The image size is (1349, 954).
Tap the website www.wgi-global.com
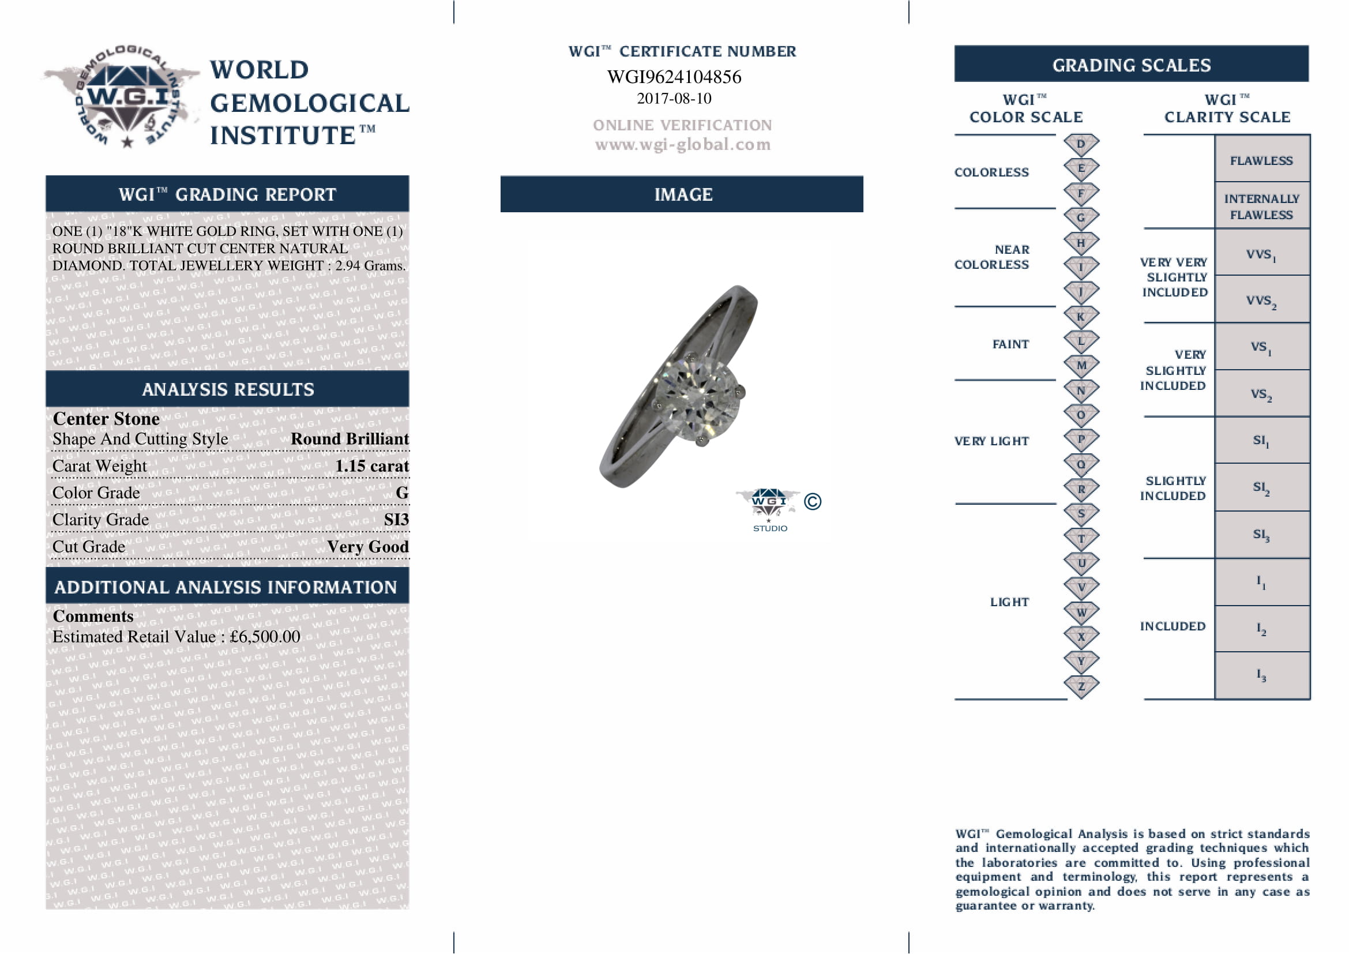point(682,145)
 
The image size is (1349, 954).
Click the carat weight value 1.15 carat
point(371,466)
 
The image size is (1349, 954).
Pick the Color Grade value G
point(402,493)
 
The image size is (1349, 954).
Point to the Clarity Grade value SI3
point(396,520)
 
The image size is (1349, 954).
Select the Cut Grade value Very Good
point(368,547)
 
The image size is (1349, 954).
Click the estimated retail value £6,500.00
point(265,637)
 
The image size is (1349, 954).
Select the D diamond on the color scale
point(1080,145)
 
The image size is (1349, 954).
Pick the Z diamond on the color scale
point(1080,686)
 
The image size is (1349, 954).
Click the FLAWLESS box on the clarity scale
point(1261,160)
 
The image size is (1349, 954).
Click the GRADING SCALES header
point(1131,65)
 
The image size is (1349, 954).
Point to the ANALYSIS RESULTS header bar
point(227,389)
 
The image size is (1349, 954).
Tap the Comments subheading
point(93,616)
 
